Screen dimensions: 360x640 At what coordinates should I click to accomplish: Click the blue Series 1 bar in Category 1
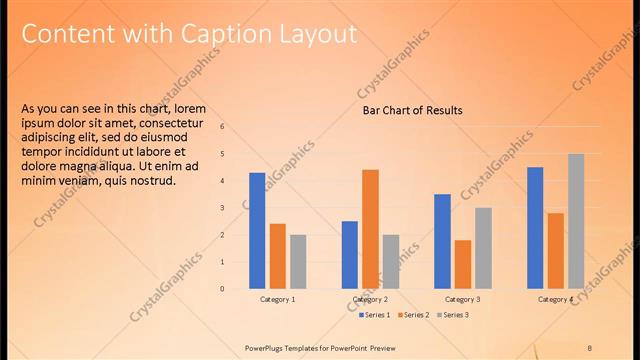[257, 230]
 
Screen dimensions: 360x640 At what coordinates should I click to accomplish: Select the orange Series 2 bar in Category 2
[370, 228]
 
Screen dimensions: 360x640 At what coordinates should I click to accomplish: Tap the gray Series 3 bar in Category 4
[576, 220]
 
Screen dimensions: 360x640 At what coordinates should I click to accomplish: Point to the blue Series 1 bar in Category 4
[535, 227]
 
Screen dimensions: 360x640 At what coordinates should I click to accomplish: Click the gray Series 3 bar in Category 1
[298, 261]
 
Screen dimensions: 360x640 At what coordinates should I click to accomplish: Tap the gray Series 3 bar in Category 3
[483, 247]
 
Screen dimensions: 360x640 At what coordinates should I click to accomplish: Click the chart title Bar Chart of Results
[412, 110]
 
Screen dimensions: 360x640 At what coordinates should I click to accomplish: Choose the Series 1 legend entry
[375, 315]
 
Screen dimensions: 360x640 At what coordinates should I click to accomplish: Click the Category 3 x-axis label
[462, 299]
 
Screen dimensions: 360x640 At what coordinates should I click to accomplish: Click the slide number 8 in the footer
[590, 347]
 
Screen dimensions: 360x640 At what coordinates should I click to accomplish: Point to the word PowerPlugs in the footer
[267, 347]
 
